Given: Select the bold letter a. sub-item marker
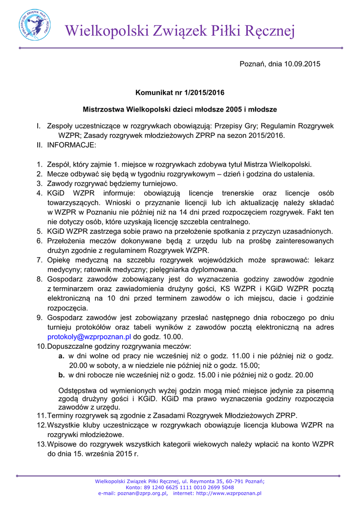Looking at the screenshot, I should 61,356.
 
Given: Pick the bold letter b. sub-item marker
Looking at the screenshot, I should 62,375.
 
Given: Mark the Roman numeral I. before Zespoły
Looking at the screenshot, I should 38,127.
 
